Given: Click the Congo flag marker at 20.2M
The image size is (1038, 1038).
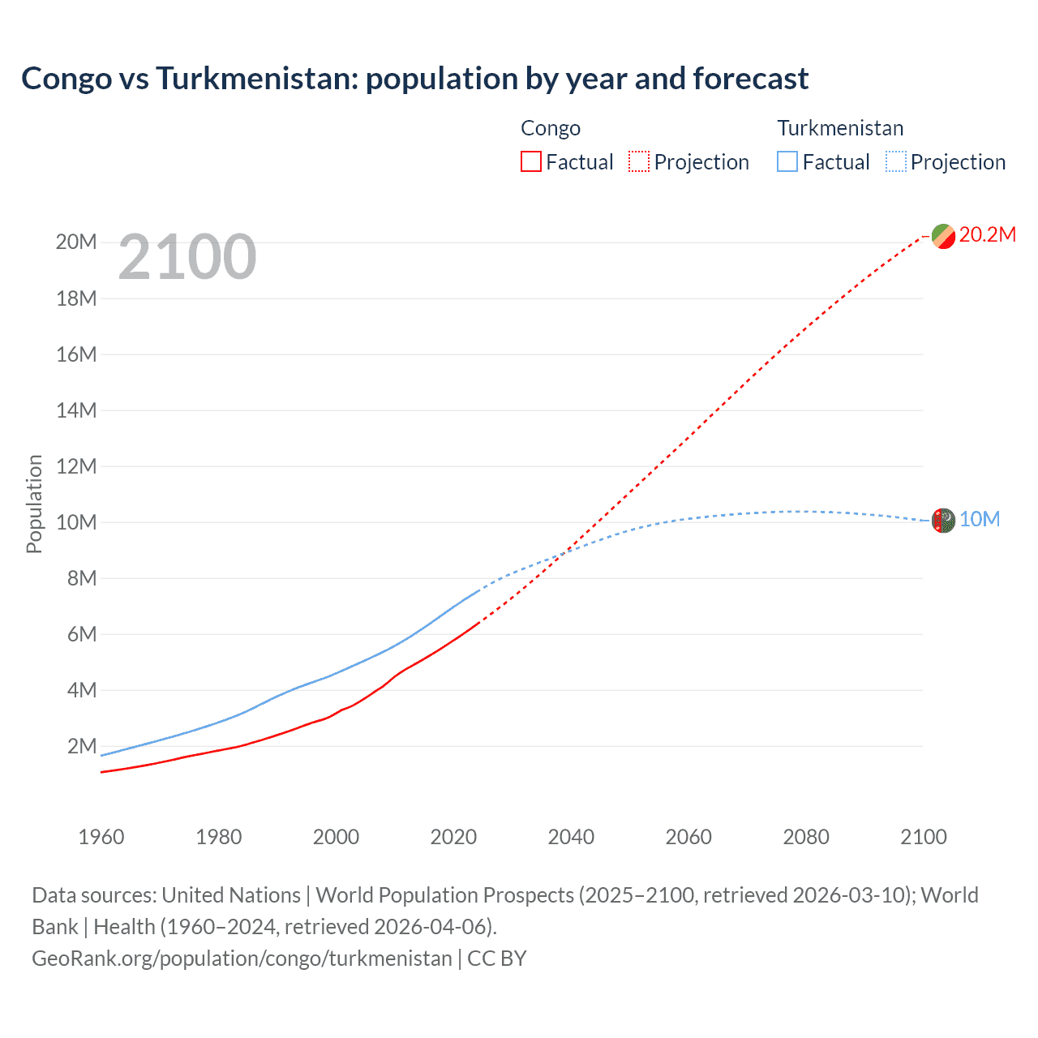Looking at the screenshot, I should tap(943, 236).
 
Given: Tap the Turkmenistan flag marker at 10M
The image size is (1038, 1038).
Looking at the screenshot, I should tap(943, 521).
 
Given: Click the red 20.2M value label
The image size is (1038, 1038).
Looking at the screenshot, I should tap(987, 234).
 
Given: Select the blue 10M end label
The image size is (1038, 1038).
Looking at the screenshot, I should tap(979, 519).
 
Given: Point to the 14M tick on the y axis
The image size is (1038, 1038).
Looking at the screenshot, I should tap(76, 410).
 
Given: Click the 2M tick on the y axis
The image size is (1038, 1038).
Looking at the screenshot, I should tap(81, 746).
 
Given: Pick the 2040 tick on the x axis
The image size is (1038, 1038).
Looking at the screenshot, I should tap(571, 837).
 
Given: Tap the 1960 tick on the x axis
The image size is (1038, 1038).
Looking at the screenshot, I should tap(101, 837).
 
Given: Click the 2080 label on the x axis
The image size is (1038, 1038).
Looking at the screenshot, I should tap(806, 837).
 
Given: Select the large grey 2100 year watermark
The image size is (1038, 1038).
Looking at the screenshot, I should tap(187, 257).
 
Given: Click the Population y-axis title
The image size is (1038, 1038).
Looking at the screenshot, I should tap(34, 504).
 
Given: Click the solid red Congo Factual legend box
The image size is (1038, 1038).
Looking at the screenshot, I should tap(530, 161).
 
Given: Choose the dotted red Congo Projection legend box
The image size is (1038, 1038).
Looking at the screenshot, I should tap(639, 161).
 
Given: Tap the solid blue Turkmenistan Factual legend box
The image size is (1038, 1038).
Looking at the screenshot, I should tap(787, 161).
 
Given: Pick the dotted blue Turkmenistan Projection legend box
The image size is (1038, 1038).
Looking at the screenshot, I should tap(896, 161).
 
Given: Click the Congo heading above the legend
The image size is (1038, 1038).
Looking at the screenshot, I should tap(551, 128).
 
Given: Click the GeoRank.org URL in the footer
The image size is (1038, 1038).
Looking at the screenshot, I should tap(242, 958).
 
